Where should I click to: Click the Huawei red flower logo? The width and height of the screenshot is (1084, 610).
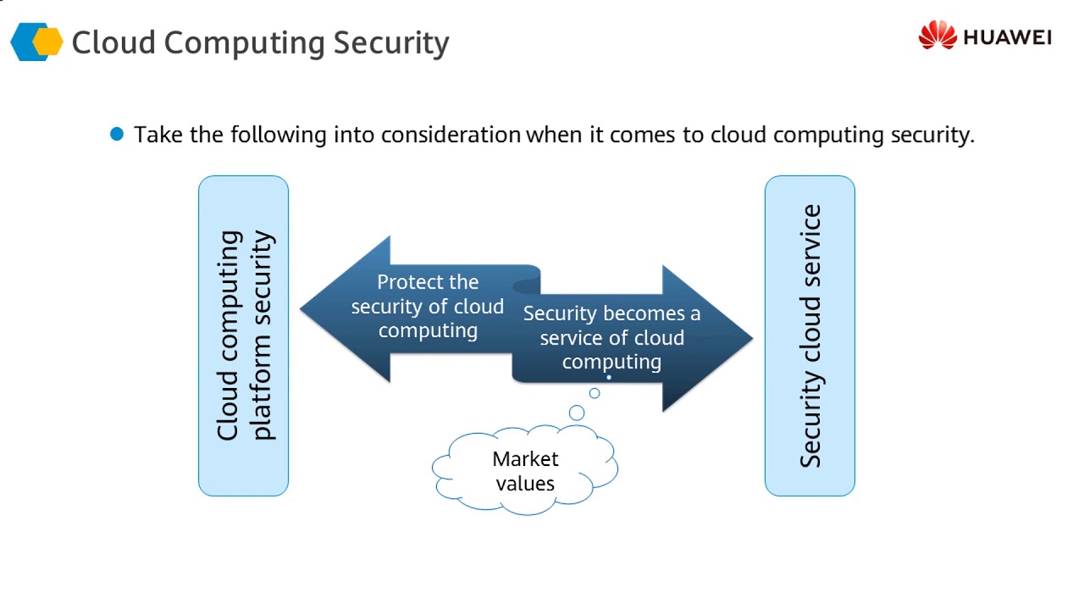click(x=937, y=35)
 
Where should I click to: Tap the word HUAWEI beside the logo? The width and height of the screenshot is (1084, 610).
click(x=1008, y=37)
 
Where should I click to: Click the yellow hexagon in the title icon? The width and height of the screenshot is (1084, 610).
click(x=47, y=42)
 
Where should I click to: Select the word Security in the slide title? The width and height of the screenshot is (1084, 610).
click(x=391, y=43)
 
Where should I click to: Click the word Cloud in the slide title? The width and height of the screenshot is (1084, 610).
click(x=113, y=42)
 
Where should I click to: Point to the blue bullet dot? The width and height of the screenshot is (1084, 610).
click(x=117, y=134)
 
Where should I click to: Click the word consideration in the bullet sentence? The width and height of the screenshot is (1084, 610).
click(x=451, y=135)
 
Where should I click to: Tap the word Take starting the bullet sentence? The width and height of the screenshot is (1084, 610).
click(x=158, y=134)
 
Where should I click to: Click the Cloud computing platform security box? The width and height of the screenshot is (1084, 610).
click(x=243, y=335)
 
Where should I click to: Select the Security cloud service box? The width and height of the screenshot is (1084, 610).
click(x=810, y=335)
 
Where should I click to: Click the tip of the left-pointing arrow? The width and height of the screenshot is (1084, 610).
click(x=301, y=309)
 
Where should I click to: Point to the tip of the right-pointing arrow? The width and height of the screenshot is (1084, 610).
click(x=753, y=338)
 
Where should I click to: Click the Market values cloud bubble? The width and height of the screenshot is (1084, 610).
click(x=525, y=469)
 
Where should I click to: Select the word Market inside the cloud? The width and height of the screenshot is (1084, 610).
click(x=525, y=458)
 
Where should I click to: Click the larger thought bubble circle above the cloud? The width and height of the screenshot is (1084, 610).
click(x=577, y=413)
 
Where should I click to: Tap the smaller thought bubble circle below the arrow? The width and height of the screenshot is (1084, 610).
click(x=595, y=393)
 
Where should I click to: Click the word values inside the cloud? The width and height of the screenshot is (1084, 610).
click(x=525, y=483)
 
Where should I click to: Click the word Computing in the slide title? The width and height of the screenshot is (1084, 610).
click(x=245, y=43)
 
